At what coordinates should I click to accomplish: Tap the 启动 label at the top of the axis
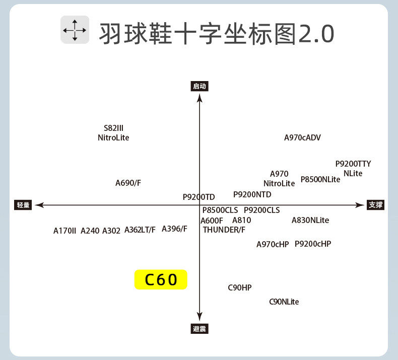pyautogui.click(x=200, y=86)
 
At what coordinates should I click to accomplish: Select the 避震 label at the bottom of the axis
pyautogui.click(x=200, y=329)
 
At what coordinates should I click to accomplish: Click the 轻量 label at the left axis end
pyautogui.click(x=23, y=205)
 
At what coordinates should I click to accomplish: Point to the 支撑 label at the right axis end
pyautogui.click(x=375, y=205)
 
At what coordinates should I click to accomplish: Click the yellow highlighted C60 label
pyautogui.click(x=161, y=279)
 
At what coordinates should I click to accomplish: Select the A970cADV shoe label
pyautogui.click(x=302, y=137)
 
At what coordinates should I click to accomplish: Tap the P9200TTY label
pyautogui.click(x=353, y=164)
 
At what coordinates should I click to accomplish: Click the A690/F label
pyautogui.click(x=128, y=183)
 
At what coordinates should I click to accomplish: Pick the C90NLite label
pyautogui.click(x=284, y=302)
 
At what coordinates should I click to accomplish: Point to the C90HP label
pyautogui.click(x=239, y=287)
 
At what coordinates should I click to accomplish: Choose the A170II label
pyautogui.click(x=64, y=231)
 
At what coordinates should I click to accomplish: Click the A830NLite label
pyautogui.click(x=310, y=220)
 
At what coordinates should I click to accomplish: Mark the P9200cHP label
pyautogui.click(x=313, y=244)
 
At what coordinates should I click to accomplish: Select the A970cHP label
pyautogui.click(x=273, y=244)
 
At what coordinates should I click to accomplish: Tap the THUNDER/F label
pyautogui.click(x=224, y=230)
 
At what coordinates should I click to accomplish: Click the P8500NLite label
pyautogui.click(x=320, y=179)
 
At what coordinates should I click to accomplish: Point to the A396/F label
pyautogui.click(x=174, y=229)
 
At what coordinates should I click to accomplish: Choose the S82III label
pyautogui.click(x=113, y=128)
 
